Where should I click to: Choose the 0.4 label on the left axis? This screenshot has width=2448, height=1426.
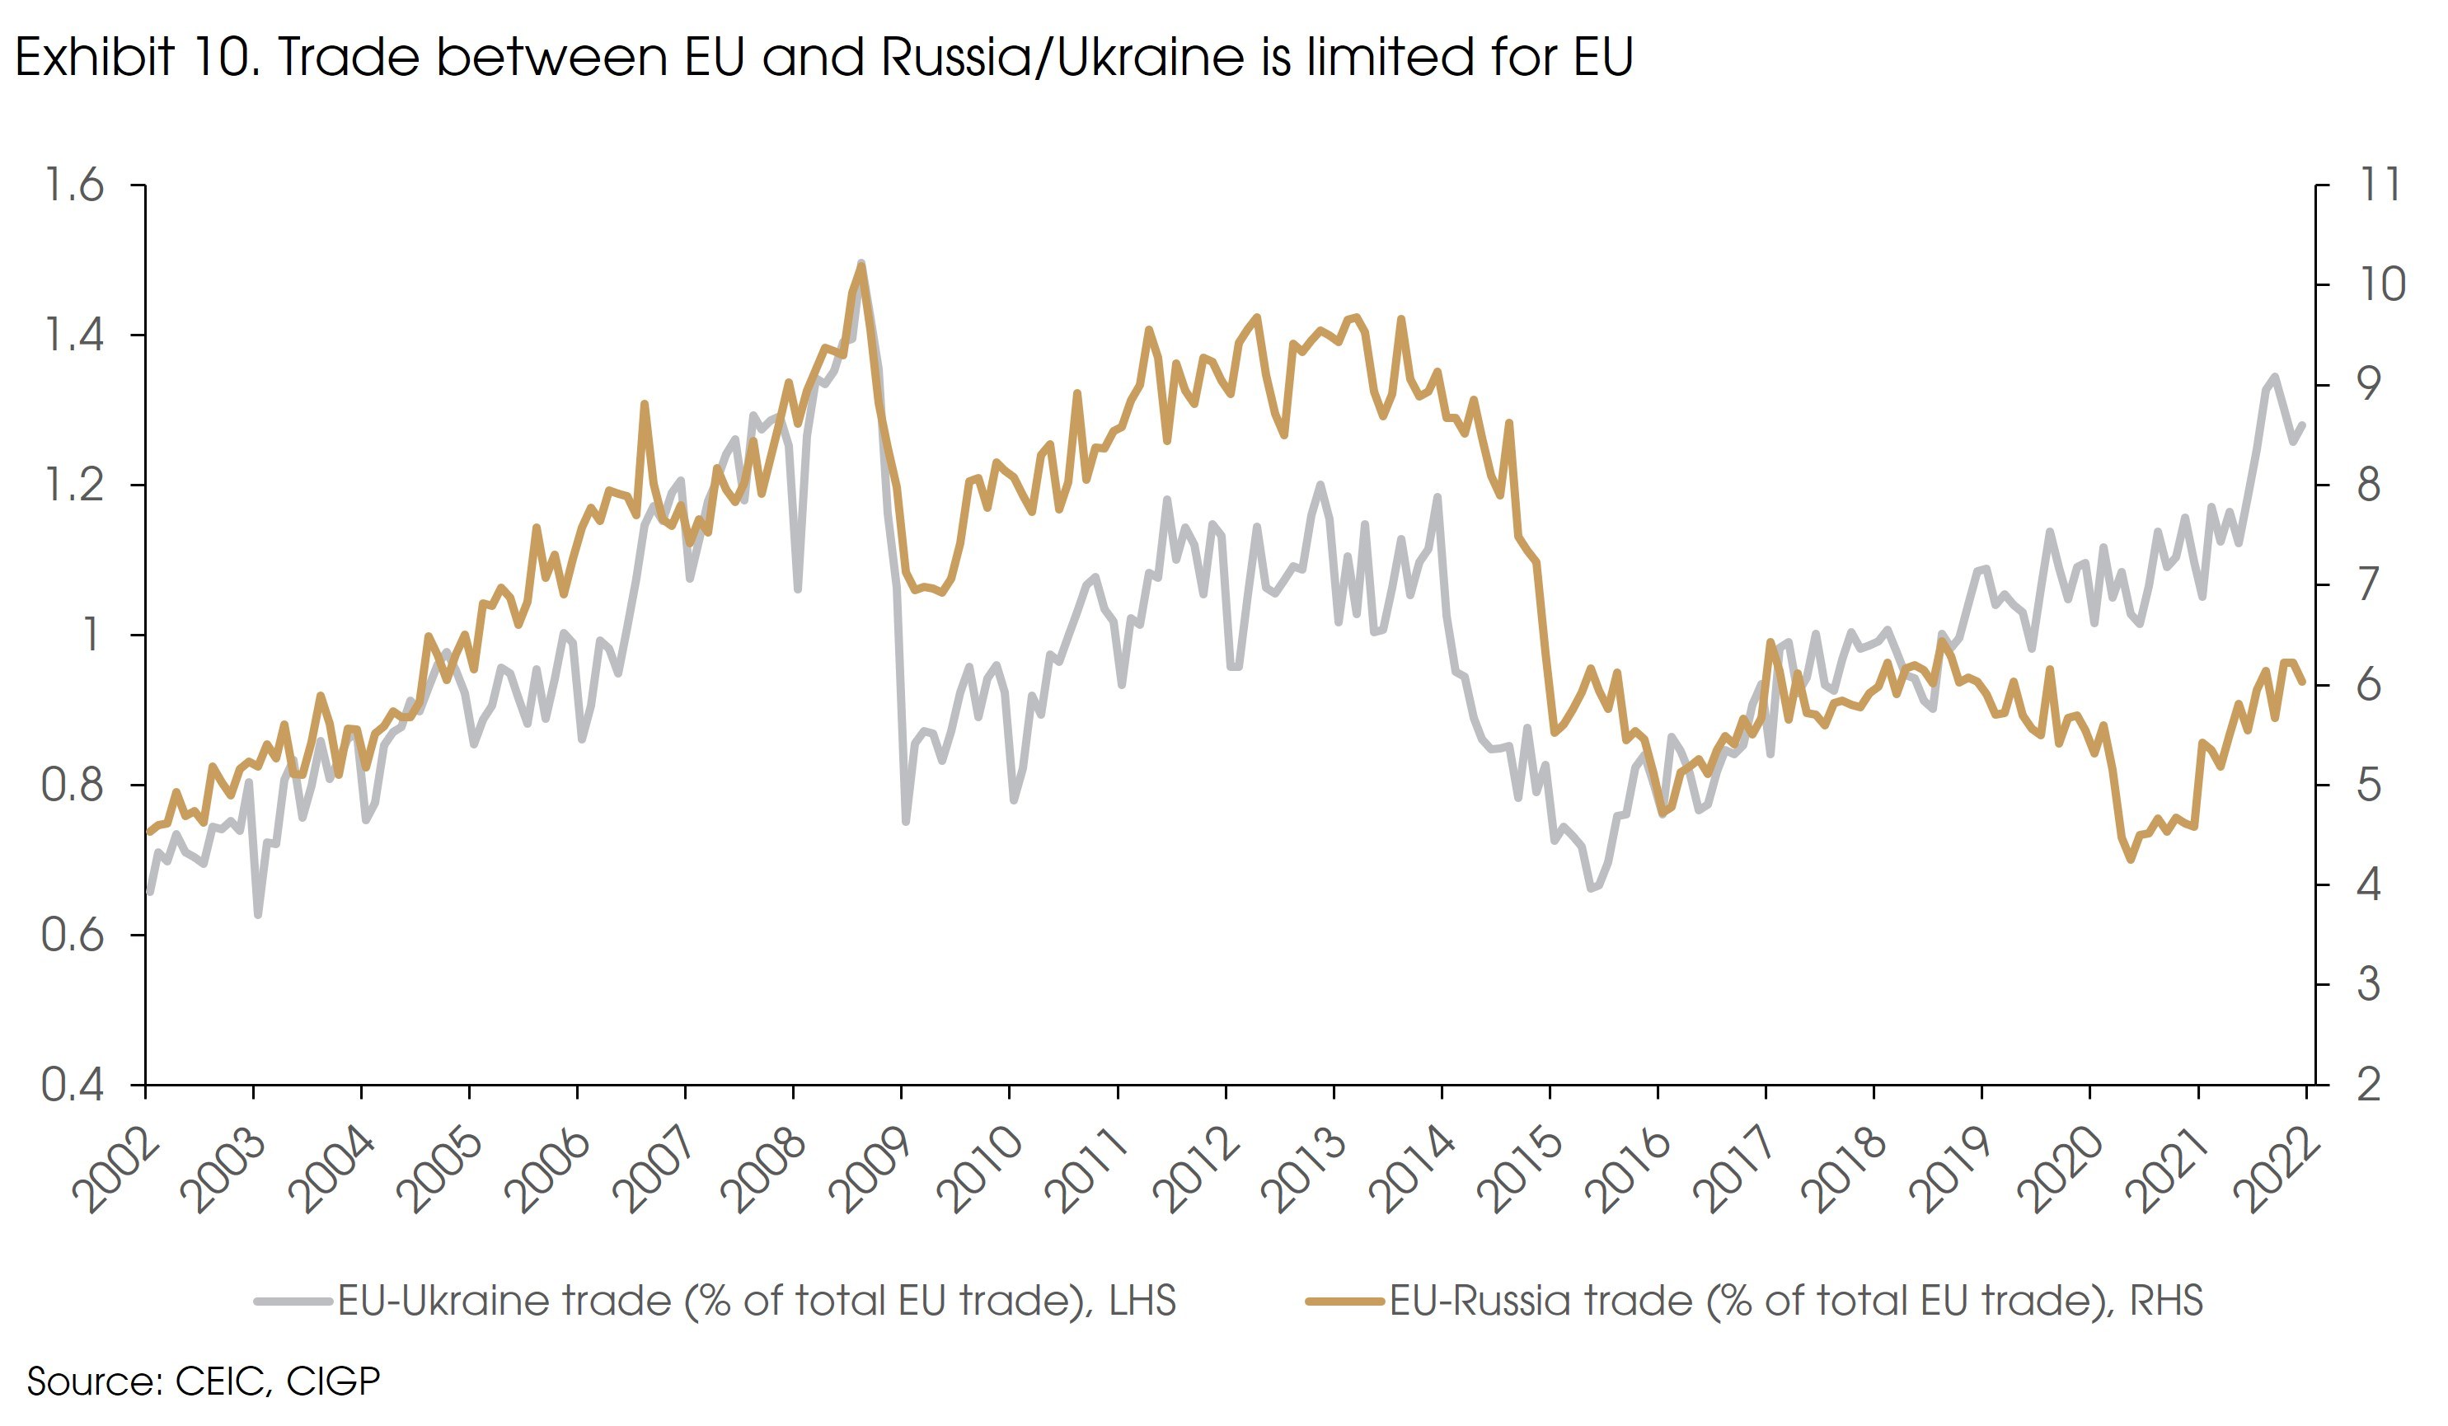coord(73,1084)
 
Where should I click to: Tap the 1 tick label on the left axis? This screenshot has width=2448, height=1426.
coord(91,635)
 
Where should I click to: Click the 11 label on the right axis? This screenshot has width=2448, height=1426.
coord(2380,185)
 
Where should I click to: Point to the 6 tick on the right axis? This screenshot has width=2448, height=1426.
coord(2368,685)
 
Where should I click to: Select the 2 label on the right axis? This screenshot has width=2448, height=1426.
coord(2368,1084)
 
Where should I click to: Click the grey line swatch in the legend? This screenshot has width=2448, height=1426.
coord(293,1301)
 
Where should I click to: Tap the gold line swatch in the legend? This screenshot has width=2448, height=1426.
coord(1345,1301)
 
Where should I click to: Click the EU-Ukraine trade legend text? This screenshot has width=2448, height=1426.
coord(756,1301)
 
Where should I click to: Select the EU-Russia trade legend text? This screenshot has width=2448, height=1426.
coord(1795,1301)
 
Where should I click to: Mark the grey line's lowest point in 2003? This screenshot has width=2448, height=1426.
coord(257,914)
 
